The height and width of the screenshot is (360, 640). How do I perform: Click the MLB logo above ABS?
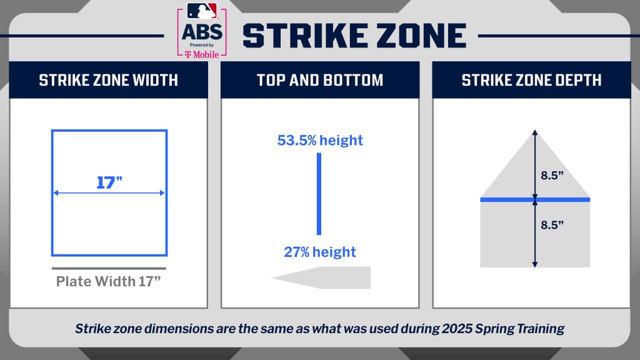[202, 11]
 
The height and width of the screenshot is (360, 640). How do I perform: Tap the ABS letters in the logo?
[202, 32]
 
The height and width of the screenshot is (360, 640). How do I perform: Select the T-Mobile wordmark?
[202, 54]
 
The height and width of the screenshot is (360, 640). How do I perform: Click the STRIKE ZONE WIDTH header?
[109, 81]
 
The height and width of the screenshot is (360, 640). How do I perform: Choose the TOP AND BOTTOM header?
[320, 81]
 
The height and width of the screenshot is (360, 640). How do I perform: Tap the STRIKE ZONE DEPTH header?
[531, 81]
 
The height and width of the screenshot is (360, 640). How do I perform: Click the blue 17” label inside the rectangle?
[109, 182]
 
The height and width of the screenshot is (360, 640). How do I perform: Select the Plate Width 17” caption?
[109, 281]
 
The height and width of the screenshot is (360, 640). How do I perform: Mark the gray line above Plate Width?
[109, 269]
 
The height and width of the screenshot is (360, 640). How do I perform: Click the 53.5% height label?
[320, 141]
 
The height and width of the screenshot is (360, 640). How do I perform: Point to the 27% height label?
[320, 252]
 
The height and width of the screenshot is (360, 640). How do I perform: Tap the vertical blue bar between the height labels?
[319, 194]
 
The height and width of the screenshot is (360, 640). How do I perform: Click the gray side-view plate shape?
[322, 277]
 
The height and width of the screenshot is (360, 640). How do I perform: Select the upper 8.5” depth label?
[552, 176]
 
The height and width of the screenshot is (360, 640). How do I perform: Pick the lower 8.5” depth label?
[552, 225]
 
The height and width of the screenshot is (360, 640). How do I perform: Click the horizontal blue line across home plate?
[535, 199]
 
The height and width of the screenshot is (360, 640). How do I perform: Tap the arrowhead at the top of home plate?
[535, 132]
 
